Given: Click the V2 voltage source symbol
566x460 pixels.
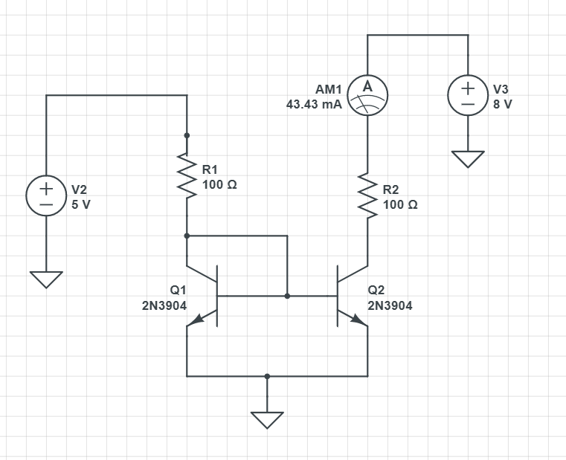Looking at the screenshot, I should click(46, 196).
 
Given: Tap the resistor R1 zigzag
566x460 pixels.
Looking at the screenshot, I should click(187, 176).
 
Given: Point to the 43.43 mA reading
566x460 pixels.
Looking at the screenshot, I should click(314, 105).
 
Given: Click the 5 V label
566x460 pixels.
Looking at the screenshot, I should click(81, 204).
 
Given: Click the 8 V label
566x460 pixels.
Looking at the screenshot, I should click(503, 105).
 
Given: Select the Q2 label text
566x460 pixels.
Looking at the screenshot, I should click(376, 291).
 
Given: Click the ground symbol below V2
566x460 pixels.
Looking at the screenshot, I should click(46, 279).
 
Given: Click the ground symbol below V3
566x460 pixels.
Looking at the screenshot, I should click(468, 159).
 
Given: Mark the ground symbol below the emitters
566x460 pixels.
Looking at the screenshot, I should click(267, 420).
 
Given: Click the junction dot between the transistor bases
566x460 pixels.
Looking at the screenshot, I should click(287, 296).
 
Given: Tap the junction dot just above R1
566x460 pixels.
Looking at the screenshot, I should click(187, 135).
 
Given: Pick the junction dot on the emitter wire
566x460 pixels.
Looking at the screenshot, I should click(267, 376).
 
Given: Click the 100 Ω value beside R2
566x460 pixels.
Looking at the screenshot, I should click(400, 204).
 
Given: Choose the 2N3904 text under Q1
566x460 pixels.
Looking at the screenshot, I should click(164, 305).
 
